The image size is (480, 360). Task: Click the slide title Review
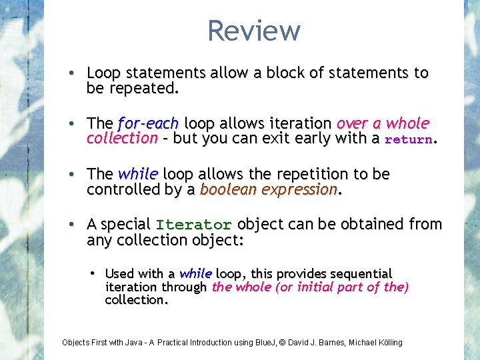coord(254,31)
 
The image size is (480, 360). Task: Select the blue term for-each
coord(147,123)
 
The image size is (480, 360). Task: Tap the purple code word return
coord(409,139)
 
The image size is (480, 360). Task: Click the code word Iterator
coord(194,225)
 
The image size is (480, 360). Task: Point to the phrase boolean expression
coord(269,189)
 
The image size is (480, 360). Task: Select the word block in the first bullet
coord(285,73)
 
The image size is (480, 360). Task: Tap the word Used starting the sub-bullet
coord(120,273)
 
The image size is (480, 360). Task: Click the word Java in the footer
coord(137,343)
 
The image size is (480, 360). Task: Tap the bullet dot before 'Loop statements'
coord(77,73)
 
